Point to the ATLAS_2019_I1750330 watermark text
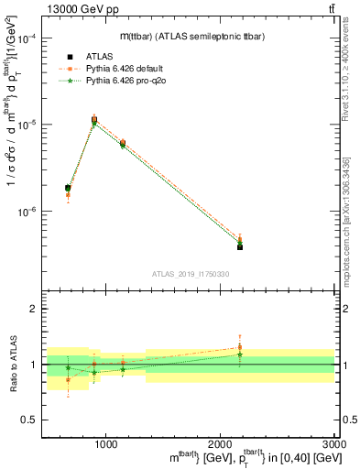(190, 274)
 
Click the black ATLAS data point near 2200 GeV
(240, 247)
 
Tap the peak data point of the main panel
(94, 119)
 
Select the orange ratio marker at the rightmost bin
(240, 347)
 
